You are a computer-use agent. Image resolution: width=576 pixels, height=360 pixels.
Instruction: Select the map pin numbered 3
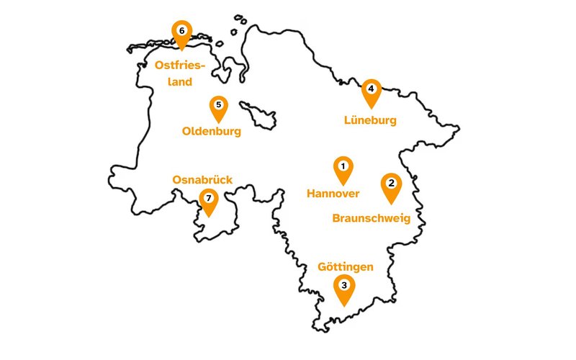click(x=345, y=286)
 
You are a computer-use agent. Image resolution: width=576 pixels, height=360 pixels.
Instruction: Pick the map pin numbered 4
click(x=371, y=89)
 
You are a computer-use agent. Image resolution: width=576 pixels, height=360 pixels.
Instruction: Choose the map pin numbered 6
click(x=181, y=31)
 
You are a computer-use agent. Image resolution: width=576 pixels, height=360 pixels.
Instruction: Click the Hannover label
click(x=333, y=194)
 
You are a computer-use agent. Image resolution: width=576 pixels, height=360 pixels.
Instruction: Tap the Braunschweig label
click(x=371, y=218)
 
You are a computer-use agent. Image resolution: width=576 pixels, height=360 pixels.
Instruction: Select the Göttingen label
click(x=346, y=267)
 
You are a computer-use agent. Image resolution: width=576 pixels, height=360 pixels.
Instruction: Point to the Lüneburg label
click(x=371, y=121)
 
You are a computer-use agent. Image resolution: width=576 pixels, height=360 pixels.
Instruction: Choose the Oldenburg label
click(x=212, y=132)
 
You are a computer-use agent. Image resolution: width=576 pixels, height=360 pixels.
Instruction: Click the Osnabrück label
click(x=202, y=180)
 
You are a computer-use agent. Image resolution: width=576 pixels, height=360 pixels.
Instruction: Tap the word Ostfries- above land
click(x=180, y=66)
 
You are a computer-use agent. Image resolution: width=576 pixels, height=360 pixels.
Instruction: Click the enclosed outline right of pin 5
click(x=258, y=114)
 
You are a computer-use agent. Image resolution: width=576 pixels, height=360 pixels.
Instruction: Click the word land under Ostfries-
click(x=175, y=81)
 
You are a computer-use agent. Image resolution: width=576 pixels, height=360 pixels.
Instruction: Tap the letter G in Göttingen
click(x=323, y=267)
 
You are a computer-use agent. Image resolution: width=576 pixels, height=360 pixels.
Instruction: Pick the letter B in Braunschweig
click(x=336, y=218)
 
